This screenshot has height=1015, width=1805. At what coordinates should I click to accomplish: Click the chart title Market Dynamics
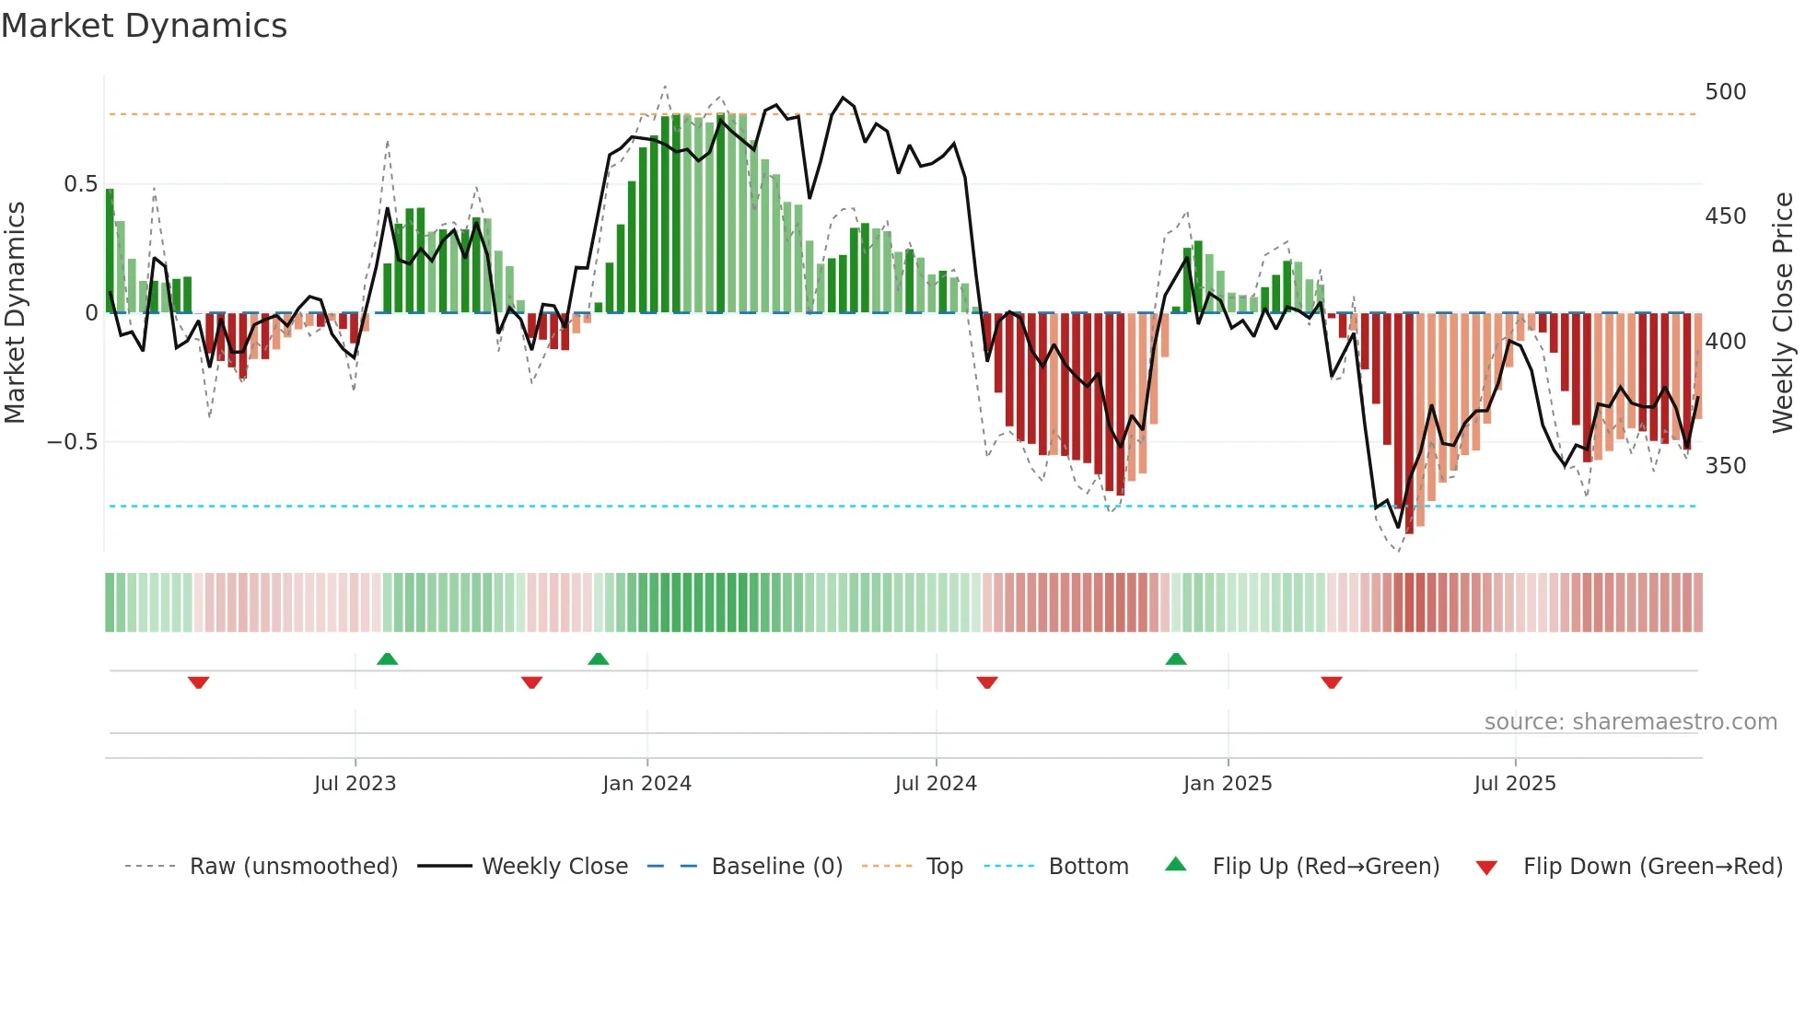pyautogui.click(x=145, y=26)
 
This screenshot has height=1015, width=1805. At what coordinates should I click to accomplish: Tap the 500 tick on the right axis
pyautogui.click(x=1725, y=92)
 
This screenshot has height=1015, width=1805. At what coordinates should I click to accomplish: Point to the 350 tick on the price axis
pyautogui.click(x=1725, y=466)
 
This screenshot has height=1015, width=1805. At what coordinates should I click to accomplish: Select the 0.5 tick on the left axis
pyautogui.click(x=80, y=184)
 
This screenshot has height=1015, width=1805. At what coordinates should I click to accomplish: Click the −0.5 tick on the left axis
pyautogui.click(x=73, y=442)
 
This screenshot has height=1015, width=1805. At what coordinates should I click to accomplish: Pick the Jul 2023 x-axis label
pyautogui.click(x=355, y=784)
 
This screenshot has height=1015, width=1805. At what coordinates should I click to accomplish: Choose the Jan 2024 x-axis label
pyautogui.click(x=646, y=784)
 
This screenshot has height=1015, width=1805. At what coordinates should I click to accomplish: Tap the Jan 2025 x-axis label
pyautogui.click(x=1228, y=784)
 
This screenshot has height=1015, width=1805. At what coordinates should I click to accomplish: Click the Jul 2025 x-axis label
pyautogui.click(x=1515, y=784)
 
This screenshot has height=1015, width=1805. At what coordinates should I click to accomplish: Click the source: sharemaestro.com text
pyautogui.click(x=1630, y=722)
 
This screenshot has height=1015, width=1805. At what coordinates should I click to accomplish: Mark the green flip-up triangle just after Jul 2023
pyautogui.click(x=387, y=659)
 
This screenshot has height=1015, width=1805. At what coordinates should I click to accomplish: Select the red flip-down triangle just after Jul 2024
pyautogui.click(x=987, y=682)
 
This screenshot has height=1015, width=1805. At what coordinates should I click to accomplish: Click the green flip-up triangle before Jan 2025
pyautogui.click(x=1176, y=659)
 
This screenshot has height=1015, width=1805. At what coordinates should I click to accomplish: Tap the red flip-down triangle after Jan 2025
pyautogui.click(x=1332, y=682)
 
